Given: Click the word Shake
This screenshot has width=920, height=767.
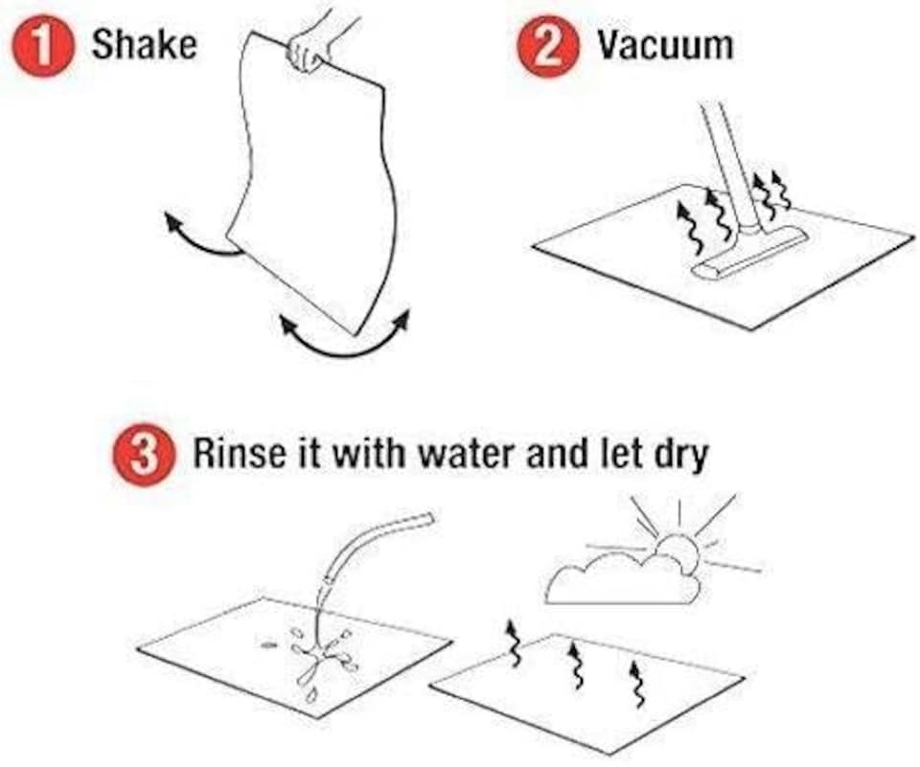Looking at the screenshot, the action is pyautogui.click(x=145, y=45).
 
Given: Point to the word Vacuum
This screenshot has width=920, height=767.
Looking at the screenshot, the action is pyautogui.click(x=665, y=45).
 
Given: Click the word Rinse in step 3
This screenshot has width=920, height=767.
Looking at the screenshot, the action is pyautogui.click(x=239, y=453).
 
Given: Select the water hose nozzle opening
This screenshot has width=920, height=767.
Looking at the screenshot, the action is pyautogui.click(x=429, y=518).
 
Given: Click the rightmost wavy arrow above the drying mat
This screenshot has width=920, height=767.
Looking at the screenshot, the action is pyautogui.click(x=637, y=684).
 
